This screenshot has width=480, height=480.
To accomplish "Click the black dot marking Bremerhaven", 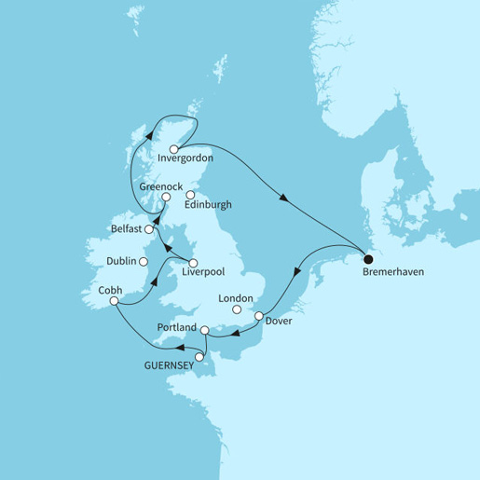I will (x=367, y=260).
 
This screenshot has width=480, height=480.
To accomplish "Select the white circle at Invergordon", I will (x=174, y=148).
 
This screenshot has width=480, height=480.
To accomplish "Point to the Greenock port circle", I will (x=166, y=198).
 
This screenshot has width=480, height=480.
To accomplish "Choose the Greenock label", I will (x=160, y=186).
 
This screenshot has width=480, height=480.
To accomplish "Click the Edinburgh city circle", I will (x=190, y=196).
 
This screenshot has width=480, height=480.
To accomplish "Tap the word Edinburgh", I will (x=209, y=205).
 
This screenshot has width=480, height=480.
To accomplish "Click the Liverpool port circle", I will (x=193, y=262).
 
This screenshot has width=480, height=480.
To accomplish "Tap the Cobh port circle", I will (x=114, y=301).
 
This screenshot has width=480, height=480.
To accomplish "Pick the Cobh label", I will (x=109, y=290).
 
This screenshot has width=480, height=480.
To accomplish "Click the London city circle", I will (x=237, y=309).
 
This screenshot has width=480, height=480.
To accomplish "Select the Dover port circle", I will (x=257, y=317).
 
